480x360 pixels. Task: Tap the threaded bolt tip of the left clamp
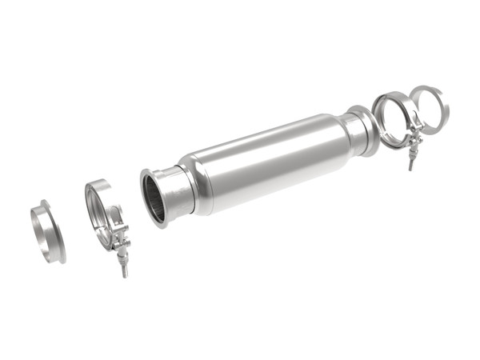125,271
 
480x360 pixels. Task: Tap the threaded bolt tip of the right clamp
410,164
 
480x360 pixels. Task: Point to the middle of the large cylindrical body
264,164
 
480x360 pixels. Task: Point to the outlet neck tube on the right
352,133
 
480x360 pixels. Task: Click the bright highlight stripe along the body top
256,140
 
